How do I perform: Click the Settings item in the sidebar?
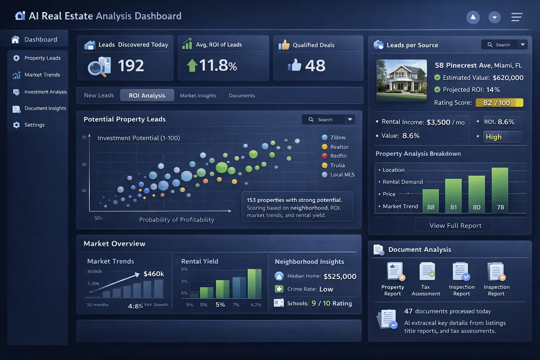(x=34, y=125)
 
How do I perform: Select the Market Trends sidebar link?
(x=42, y=75)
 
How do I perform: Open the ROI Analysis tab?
(x=147, y=95)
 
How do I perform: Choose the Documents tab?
(x=242, y=96)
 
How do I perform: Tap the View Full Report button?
(x=455, y=225)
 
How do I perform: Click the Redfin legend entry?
(x=338, y=156)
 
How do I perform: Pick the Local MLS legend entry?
(x=342, y=174)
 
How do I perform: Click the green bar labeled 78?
(x=500, y=190)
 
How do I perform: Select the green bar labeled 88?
(x=431, y=201)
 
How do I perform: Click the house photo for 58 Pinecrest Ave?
(x=401, y=81)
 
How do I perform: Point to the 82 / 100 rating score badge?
(x=499, y=103)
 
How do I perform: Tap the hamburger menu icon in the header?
(x=516, y=17)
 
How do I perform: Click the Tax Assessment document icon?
(x=427, y=271)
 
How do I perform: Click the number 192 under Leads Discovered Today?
(x=131, y=66)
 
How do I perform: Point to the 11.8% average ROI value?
(x=218, y=66)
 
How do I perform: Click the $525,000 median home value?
(x=340, y=276)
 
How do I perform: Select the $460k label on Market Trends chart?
(x=154, y=274)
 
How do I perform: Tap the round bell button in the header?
(x=473, y=17)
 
